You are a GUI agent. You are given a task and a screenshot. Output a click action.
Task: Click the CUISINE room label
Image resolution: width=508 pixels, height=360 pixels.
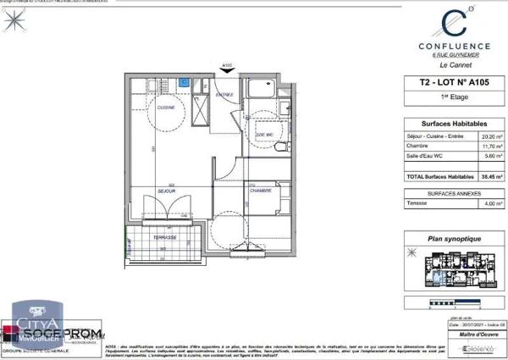coord(166,109)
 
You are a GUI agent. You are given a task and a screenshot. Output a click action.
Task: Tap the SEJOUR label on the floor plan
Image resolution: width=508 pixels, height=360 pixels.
coord(166,191)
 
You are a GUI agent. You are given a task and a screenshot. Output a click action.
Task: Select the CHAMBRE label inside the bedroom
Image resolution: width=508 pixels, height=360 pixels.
coord(260,191)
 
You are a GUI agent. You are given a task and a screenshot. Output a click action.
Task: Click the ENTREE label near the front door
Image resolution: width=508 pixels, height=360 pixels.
coord(224,94)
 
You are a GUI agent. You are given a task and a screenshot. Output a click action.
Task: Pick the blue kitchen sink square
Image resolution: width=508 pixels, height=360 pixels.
coord(184,83)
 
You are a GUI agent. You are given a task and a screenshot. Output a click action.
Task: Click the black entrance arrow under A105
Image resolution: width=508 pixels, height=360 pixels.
coord(226,74)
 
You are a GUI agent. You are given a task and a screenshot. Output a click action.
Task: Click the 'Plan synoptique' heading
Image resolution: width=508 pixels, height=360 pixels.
coord(449,239)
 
